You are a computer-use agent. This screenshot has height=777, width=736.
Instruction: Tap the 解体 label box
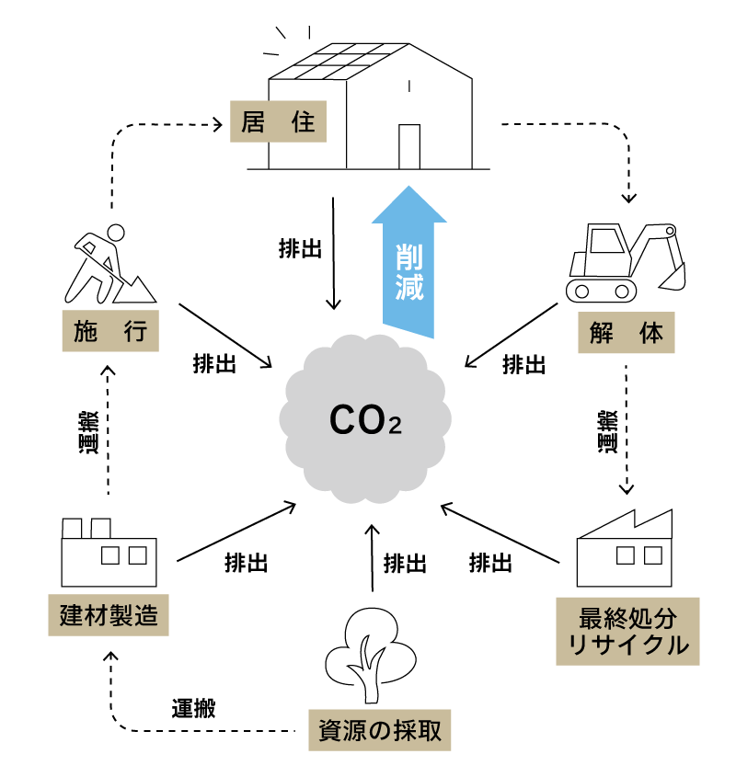[x=627, y=333]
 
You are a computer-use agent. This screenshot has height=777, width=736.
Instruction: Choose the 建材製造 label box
[x=109, y=615]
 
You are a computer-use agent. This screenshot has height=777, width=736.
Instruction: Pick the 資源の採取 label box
[x=379, y=731]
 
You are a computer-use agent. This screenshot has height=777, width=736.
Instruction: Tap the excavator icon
[x=626, y=262]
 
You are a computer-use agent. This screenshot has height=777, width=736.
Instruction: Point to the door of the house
[x=409, y=146]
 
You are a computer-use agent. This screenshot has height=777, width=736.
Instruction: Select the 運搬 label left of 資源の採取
[x=193, y=708]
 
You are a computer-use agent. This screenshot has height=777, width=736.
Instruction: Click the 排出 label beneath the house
[x=300, y=247]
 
